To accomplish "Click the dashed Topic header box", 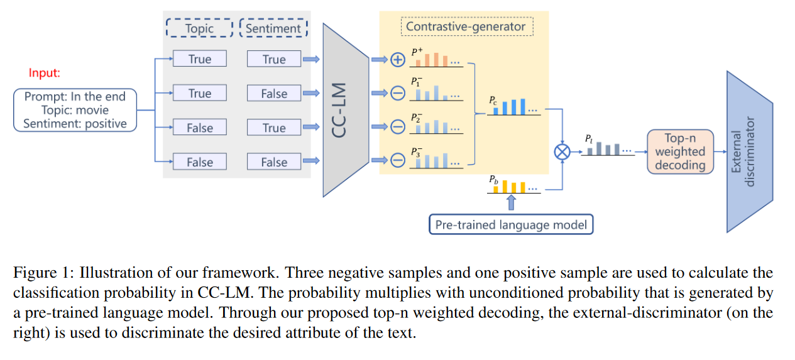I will [199, 28].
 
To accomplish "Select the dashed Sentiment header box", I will [274, 28].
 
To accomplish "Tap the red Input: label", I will [45, 73].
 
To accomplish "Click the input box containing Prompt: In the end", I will [75, 110].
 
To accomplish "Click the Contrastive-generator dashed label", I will [466, 26].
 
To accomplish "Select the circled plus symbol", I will [397, 60].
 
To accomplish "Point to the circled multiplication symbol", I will [561, 151].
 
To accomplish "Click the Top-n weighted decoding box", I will [680, 151].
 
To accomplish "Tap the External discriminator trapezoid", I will [749, 151].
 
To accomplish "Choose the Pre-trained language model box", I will [511, 224].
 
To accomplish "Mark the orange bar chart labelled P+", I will [436, 59].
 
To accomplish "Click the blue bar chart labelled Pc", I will [515, 107].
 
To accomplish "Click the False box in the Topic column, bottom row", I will [199, 162].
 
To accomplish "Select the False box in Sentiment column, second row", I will [274, 94].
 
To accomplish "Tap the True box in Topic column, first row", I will [199, 59].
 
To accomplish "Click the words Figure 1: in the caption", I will [38, 273].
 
